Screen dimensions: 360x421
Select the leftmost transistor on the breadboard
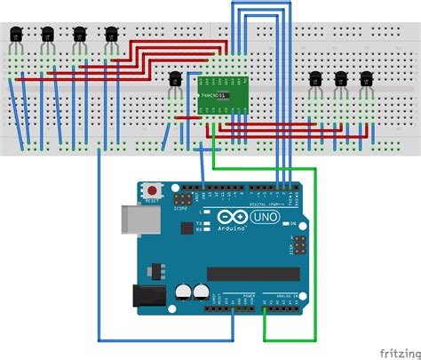click(16, 35)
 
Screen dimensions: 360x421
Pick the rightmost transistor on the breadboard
click(366, 79)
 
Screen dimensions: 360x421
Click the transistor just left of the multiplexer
click(175, 81)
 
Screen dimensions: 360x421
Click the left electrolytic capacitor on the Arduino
click(184, 291)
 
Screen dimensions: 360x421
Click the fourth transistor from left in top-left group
click(112, 35)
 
